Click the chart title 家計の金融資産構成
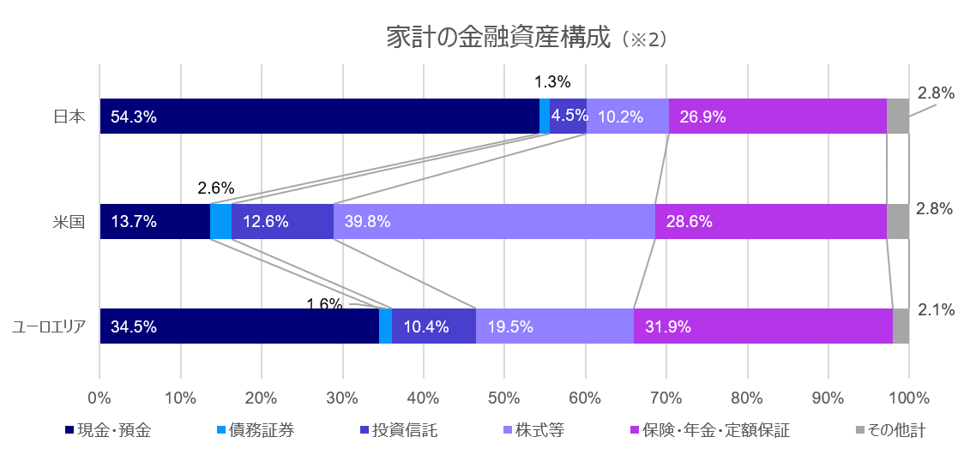(497, 39)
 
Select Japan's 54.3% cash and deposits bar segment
(319, 117)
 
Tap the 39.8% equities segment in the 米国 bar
(494, 221)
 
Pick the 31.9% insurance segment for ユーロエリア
(763, 326)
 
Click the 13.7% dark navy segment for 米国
(154, 221)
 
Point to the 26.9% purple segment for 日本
(777, 117)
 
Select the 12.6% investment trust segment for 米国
(282, 221)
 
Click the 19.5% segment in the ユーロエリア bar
(555, 326)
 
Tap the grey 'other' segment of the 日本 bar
(898, 117)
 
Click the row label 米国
(68, 222)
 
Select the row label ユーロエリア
(49, 327)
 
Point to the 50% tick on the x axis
(504, 398)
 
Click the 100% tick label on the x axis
(908, 398)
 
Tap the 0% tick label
(99, 398)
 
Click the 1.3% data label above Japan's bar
(552, 82)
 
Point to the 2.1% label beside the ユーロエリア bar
(936, 310)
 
